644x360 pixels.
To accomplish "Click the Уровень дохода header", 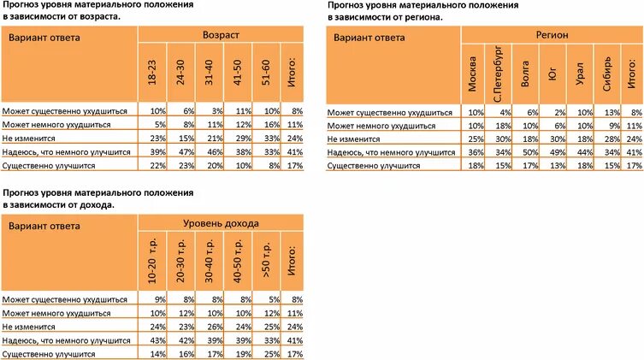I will point(221,224).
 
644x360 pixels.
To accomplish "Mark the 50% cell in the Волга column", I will point(528,153).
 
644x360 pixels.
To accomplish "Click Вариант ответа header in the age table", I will point(43,38).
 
